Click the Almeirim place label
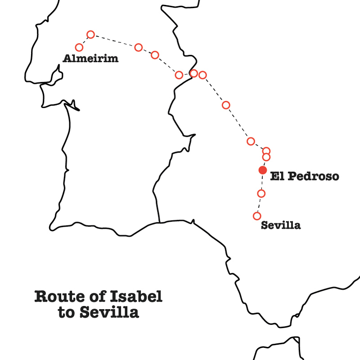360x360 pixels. click(x=90, y=58)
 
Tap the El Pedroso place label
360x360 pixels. click(x=304, y=177)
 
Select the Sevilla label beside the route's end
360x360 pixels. click(x=281, y=225)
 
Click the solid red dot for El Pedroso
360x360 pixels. click(x=262, y=170)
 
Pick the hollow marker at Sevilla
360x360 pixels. click(x=257, y=216)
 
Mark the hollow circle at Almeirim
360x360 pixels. click(x=80, y=47)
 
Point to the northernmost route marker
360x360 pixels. click(x=90, y=34)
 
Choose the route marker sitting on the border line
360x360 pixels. click(x=194, y=73)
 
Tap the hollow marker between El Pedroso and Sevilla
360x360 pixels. click(x=261, y=193)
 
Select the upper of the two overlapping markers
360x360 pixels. click(x=266, y=151)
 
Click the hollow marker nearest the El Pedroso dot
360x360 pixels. click(x=266, y=157)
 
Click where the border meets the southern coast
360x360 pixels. click(x=160, y=222)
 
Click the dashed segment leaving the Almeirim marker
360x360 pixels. click(x=85, y=41)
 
